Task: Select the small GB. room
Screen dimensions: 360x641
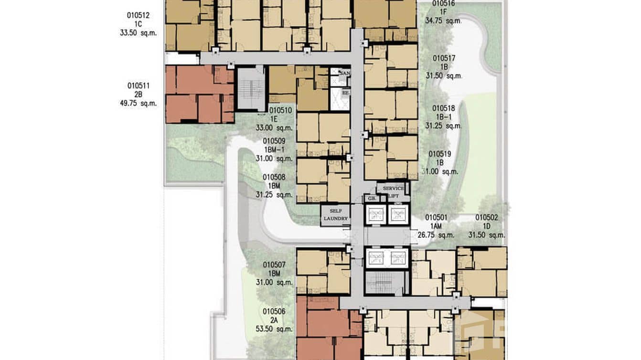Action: pyautogui.click(x=370, y=198)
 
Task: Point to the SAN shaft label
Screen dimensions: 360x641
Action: pyautogui.click(x=345, y=73)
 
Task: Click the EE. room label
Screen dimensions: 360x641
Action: pyautogui.click(x=345, y=93)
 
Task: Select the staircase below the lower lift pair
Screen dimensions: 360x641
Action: pyautogui.click(x=386, y=283)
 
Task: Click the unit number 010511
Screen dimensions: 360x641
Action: pyautogui.click(x=139, y=86)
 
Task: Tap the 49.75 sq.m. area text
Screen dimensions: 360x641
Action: pyautogui.click(x=139, y=103)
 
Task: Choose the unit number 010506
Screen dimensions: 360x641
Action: pyautogui.click(x=274, y=311)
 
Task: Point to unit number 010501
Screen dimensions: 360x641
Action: pyautogui.click(x=436, y=217)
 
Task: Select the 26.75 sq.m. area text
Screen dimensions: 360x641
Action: pyautogui.click(x=436, y=234)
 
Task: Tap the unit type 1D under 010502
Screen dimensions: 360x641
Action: pyautogui.click(x=487, y=226)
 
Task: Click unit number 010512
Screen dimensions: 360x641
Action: pyautogui.click(x=139, y=15)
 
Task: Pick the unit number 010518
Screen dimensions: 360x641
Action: pyautogui.click(x=444, y=108)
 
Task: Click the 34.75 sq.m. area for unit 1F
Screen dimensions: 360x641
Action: pyautogui.click(x=444, y=21)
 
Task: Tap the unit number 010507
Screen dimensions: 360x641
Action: pyautogui.click(x=274, y=265)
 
